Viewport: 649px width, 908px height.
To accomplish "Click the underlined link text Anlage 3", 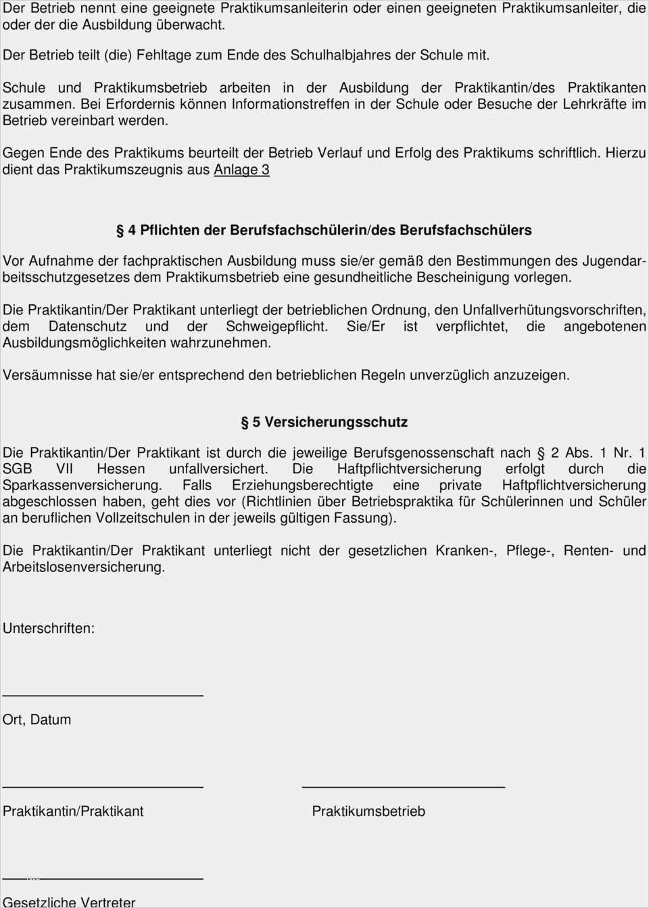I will [241, 170].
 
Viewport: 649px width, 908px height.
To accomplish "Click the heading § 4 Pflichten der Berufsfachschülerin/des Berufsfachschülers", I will [324, 231].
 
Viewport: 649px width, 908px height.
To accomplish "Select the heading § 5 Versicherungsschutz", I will [324, 423].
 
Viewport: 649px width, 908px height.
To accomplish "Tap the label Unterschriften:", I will [49, 628].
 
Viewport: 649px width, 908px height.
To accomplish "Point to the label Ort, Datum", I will [37, 719].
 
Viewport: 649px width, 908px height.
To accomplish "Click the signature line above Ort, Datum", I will [103, 695].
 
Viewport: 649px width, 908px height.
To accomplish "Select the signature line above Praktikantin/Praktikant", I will [103, 786].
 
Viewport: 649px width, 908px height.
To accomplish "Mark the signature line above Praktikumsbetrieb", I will [403, 786].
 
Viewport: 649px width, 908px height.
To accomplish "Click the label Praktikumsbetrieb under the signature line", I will [368, 811].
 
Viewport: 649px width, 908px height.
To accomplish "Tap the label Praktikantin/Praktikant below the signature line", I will [73, 811].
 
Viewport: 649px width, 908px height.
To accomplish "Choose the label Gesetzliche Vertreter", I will [69, 902].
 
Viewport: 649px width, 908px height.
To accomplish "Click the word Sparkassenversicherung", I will [82, 485].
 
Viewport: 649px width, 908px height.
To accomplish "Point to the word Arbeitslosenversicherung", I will [83, 567].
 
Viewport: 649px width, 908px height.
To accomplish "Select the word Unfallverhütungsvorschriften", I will [554, 310].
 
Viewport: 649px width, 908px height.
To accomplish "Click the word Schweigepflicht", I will [277, 327].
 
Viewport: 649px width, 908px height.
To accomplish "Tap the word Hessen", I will [120, 469].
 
